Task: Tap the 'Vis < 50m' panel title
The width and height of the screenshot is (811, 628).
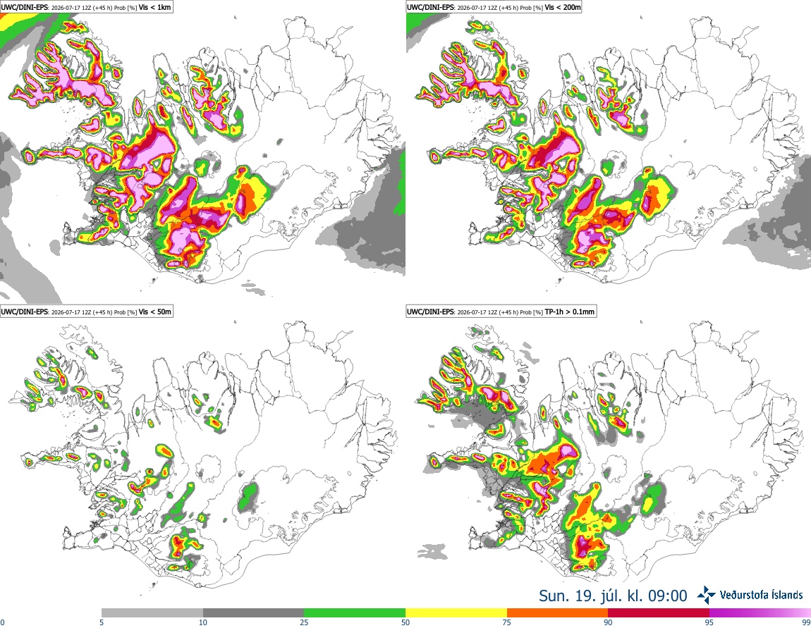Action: (x=154, y=311)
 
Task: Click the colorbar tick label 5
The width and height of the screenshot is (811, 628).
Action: (x=102, y=622)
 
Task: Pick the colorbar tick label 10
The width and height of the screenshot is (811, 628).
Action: (x=203, y=622)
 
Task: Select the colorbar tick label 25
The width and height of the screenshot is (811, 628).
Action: (x=304, y=622)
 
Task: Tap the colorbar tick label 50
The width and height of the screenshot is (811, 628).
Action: (x=405, y=622)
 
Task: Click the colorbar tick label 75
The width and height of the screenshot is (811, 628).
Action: (x=507, y=622)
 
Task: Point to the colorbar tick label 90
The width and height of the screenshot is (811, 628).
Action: (x=608, y=622)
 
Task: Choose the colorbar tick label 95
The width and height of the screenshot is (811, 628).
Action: (x=709, y=622)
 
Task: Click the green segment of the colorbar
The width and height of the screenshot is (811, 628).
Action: (x=355, y=613)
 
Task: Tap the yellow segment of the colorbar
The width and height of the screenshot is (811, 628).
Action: (x=456, y=613)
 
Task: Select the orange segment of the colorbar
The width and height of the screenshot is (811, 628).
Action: (x=558, y=613)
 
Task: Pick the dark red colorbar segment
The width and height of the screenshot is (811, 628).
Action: (x=659, y=613)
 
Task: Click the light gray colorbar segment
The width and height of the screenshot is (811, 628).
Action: (x=152, y=613)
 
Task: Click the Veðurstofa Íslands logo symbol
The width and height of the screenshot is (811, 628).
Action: (x=706, y=596)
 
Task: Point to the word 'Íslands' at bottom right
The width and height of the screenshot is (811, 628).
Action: (x=784, y=595)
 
